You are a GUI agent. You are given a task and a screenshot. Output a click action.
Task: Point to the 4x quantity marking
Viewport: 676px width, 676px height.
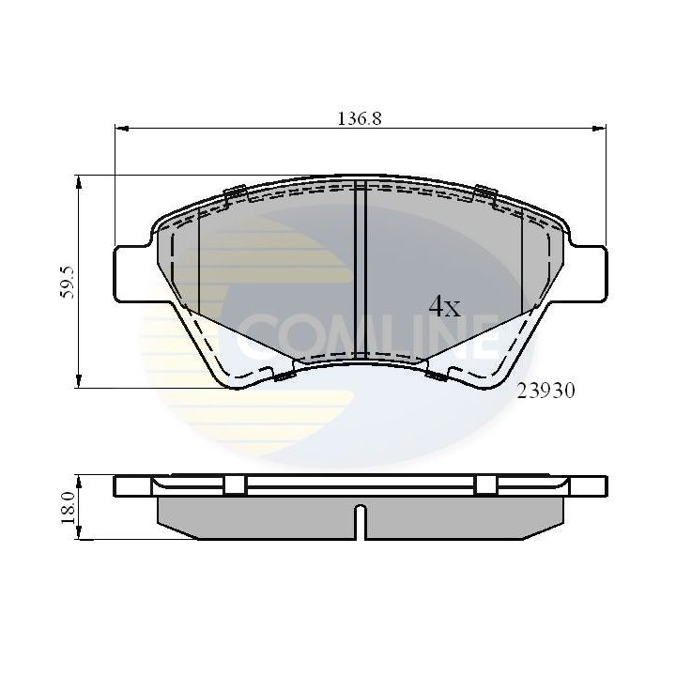(x=444, y=306)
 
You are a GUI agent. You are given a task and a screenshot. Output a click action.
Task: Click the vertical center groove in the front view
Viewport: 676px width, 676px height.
(x=359, y=272)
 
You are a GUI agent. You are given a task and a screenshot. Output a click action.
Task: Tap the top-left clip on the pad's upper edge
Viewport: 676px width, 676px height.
(x=237, y=193)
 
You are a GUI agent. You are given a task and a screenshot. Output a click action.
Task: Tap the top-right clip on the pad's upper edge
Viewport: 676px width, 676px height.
(x=484, y=193)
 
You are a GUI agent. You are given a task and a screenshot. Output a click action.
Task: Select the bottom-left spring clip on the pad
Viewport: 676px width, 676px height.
(x=284, y=376)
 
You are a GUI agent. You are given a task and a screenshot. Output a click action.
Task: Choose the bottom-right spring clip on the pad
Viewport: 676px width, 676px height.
(x=436, y=376)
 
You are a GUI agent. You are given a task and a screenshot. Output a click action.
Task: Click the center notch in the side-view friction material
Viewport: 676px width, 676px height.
(x=360, y=522)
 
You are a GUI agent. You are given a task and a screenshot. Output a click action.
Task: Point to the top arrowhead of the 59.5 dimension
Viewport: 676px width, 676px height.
(x=80, y=179)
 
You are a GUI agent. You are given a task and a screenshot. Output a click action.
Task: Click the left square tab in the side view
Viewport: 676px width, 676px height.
(x=235, y=485)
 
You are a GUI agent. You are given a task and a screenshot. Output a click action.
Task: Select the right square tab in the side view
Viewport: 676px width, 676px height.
(x=485, y=485)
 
